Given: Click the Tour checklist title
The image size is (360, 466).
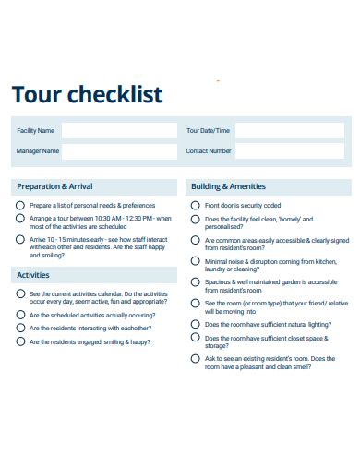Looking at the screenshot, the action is point(87,95).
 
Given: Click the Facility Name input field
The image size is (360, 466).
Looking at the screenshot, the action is point(118,130).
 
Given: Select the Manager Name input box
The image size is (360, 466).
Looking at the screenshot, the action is point(118,150).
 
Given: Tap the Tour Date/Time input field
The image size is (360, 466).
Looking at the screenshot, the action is point(290,130).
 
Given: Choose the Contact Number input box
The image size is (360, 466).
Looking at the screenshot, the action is point(290,150).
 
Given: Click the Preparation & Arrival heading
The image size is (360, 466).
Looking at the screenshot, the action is point(54,185).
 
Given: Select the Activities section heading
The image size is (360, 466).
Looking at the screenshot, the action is point(33,275).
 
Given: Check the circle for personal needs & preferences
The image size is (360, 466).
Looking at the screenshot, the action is point(20,205).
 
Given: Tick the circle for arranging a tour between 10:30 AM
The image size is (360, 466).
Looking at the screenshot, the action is point(20,219).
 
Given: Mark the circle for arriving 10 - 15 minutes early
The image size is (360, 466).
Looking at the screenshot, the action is point(20,239).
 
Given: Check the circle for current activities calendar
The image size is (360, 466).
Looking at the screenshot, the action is point(20,293).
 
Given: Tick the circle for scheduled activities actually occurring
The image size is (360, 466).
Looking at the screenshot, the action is point(20,314).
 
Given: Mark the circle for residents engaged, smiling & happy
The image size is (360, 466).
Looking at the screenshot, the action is point(20,341).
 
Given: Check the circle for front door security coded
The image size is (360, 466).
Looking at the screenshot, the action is point(195,205).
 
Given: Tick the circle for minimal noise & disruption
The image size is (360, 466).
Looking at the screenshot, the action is point(195,261).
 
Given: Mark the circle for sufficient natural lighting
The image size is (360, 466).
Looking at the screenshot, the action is point(195,324).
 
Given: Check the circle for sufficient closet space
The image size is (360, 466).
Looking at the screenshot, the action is point(195,338).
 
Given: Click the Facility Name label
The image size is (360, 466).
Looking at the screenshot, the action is point(36,130).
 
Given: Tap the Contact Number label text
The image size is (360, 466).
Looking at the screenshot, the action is point(209,150).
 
